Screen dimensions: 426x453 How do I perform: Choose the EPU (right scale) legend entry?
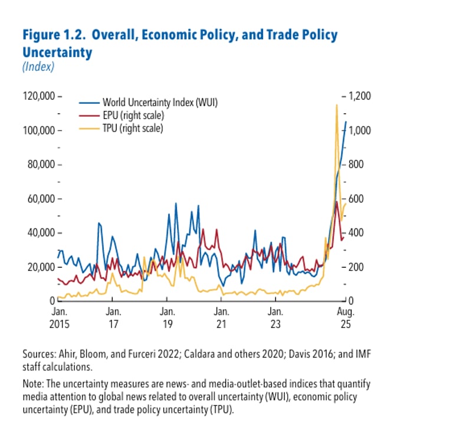click(x=133, y=115)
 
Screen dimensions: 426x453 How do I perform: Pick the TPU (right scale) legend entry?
click(x=133, y=127)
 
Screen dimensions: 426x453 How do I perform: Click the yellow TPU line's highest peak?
click(x=336, y=105)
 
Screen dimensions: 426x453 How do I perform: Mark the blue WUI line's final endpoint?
click(x=346, y=122)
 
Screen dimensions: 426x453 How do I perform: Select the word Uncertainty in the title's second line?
click(x=57, y=53)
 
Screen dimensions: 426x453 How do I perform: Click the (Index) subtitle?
click(x=38, y=67)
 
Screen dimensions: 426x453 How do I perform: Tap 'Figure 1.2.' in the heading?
click(x=53, y=35)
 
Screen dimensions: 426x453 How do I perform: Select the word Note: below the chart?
click(x=34, y=384)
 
